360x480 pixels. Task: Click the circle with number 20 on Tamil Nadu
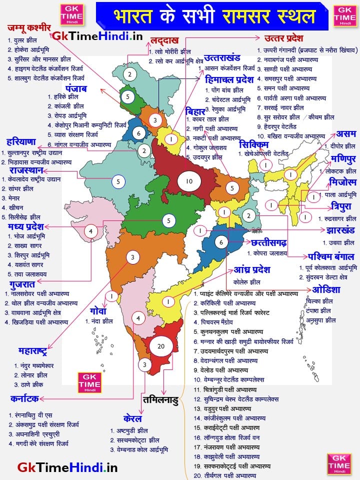[x=160, y=346]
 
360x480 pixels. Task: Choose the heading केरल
[x=132, y=418]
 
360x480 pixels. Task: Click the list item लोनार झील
[x=34, y=374]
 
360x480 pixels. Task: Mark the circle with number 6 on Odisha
[x=221, y=242]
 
